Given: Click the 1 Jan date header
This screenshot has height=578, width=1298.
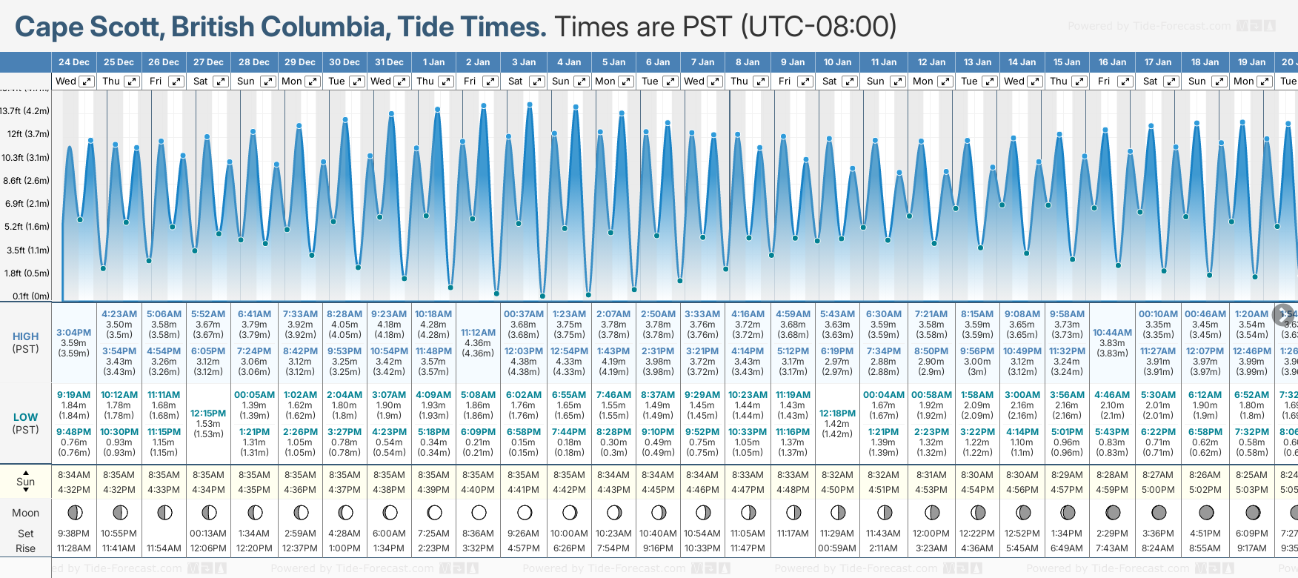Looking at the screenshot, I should pyautogui.click(x=433, y=62).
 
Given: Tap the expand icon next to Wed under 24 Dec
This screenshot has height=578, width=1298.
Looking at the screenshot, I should pyautogui.click(x=87, y=82).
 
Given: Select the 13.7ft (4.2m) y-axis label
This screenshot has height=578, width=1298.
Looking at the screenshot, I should pyautogui.click(x=25, y=111).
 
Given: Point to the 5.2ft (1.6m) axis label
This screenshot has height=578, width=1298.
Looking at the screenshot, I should pyautogui.click(x=27, y=227).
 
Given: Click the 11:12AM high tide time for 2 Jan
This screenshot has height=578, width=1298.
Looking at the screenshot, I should pyautogui.click(x=478, y=333).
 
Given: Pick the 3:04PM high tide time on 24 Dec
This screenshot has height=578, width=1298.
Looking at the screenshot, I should pyautogui.click(x=74, y=333).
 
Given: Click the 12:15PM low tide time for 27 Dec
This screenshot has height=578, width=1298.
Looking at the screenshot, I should pyautogui.click(x=208, y=413).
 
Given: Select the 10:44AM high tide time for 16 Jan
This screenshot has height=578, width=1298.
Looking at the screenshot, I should pyautogui.click(x=1112, y=333).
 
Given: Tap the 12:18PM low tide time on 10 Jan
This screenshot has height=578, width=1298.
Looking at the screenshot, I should pyautogui.click(x=837, y=413).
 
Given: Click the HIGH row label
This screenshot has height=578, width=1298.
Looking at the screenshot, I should pyautogui.click(x=25, y=336).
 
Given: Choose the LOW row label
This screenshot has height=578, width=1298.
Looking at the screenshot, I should pyautogui.click(x=25, y=417).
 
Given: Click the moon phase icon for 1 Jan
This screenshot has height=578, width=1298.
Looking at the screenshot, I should pyautogui.click(x=434, y=512).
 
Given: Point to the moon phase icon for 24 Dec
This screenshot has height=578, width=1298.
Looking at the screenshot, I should pyautogui.click(x=74, y=512).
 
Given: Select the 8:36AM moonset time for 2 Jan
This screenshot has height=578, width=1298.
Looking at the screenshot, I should pyautogui.click(x=478, y=534).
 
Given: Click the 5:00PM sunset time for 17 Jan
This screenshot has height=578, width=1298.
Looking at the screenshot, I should pyautogui.click(x=1158, y=490).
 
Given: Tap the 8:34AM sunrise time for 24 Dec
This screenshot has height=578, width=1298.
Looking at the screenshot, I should pyautogui.click(x=74, y=475).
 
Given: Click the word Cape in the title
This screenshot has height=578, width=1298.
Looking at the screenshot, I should pyautogui.click(x=49, y=27).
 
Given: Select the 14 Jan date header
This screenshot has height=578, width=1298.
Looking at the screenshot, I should pyautogui.click(x=1022, y=62).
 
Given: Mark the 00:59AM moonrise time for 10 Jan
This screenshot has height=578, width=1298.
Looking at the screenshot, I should pyautogui.click(x=837, y=548).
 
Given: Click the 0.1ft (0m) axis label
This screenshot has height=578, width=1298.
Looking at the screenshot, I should pyautogui.click(x=31, y=296).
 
